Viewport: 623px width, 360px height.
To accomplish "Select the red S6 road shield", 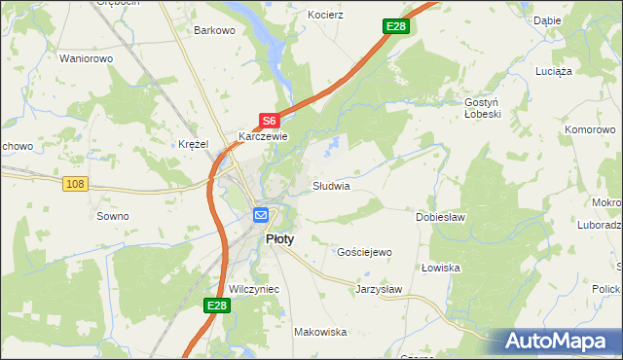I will [x=270, y=121].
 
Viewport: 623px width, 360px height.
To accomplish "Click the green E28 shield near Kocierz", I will [x=394, y=26].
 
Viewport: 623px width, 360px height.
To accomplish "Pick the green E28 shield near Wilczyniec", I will [x=217, y=306].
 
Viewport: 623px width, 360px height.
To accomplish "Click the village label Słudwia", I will [x=330, y=185].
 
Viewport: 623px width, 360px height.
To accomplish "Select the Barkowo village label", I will [x=215, y=30].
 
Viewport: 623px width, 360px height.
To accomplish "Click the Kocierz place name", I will [x=326, y=16].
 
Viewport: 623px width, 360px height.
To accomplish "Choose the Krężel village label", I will [x=194, y=144].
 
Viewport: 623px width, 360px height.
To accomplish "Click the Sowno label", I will [x=112, y=216].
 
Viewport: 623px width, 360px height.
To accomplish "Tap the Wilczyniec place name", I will [x=254, y=289].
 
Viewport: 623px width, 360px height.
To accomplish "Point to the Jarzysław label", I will [x=379, y=289].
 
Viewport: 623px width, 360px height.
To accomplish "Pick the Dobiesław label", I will [x=440, y=217].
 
